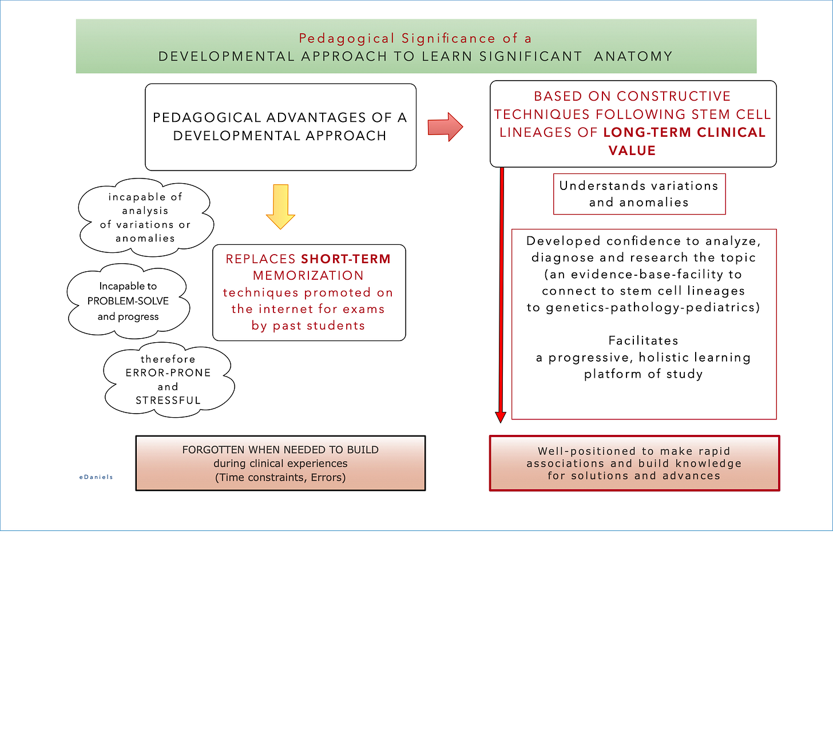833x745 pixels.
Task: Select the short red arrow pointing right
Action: (445, 126)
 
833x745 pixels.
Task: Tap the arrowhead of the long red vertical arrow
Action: (501, 417)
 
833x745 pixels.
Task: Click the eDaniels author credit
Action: (96, 477)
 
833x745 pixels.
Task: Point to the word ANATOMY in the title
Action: (633, 56)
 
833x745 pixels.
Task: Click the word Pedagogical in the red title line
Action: (347, 38)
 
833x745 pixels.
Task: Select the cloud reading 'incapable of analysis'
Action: (145, 217)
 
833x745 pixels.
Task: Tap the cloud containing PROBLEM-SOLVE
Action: (128, 301)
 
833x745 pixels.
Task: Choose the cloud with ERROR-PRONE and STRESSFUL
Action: (168, 380)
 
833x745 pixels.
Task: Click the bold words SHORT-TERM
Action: (346, 259)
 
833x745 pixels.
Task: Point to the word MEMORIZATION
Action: (308, 275)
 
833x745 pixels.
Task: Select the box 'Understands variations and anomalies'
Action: (639, 194)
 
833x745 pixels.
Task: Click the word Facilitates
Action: (643, 340)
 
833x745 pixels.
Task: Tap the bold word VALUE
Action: (632, 150)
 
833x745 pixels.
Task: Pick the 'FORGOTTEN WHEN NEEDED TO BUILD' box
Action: (280, 463)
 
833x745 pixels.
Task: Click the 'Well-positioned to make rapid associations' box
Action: (634, 463)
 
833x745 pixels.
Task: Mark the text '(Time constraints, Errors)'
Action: (280, 477)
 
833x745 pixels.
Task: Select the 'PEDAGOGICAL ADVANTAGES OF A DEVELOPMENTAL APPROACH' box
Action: (280, 127)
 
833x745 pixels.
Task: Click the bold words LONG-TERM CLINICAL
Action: (684, 132)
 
